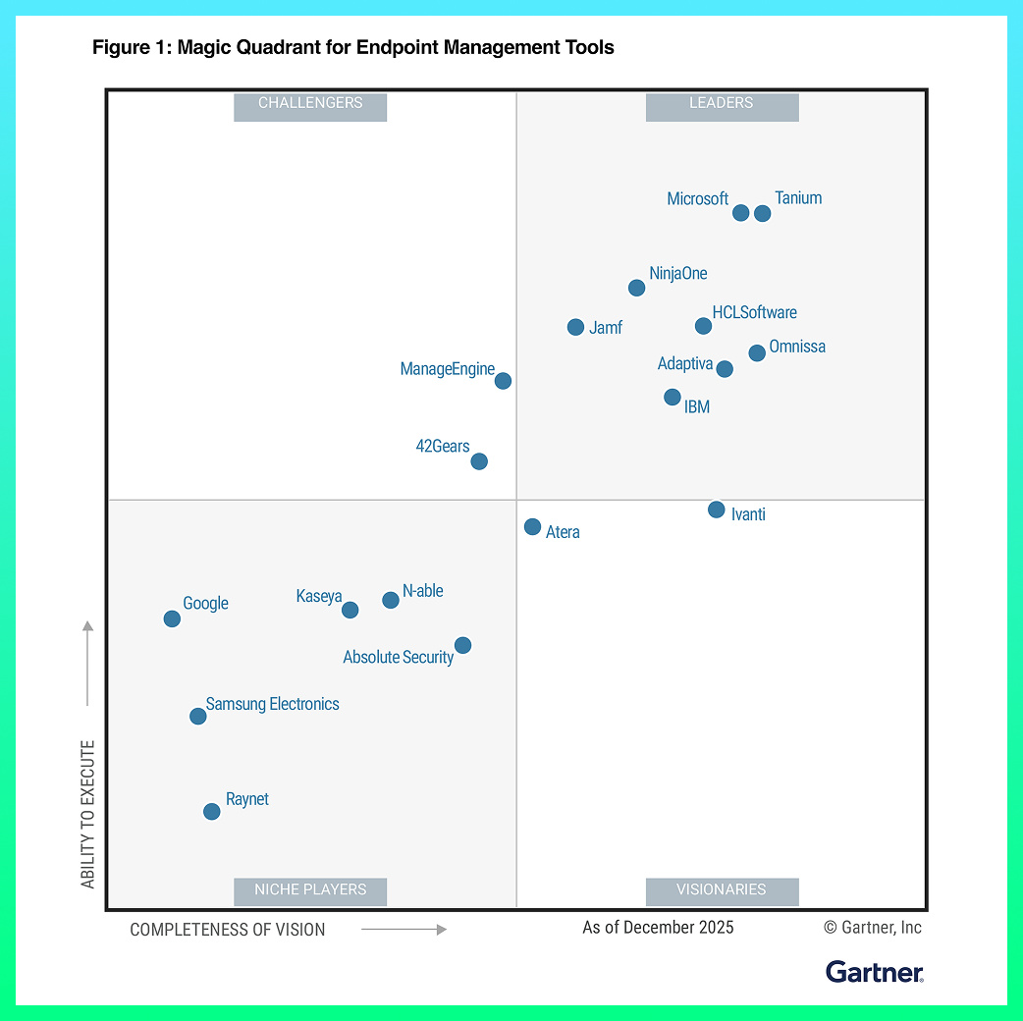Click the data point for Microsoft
(x=741, y=213)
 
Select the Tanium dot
(x=762, y=213)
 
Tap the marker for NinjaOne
(x=636, y=288)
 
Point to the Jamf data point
(x=575, y=327)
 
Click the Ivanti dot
(x=717, y=510)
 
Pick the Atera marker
(x=532, y=527)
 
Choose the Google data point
(x=172, y=618)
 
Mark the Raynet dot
(x=211, y=811)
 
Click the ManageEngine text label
(x=447, y=369)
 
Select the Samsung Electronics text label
(x=272, y=704)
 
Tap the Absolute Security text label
(x=398, y=657)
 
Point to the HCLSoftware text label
(x=754, y=312)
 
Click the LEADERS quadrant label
(x=722, y=103)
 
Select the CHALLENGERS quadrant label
(x=310, y=103)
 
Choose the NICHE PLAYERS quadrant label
(x=310, y=890)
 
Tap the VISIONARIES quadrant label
(x=722, y=890)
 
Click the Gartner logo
(x=875, y=972)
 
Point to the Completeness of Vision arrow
(x=404, y=929)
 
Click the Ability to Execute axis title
(x=88, y=815)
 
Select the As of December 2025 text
(x=658, y=928)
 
